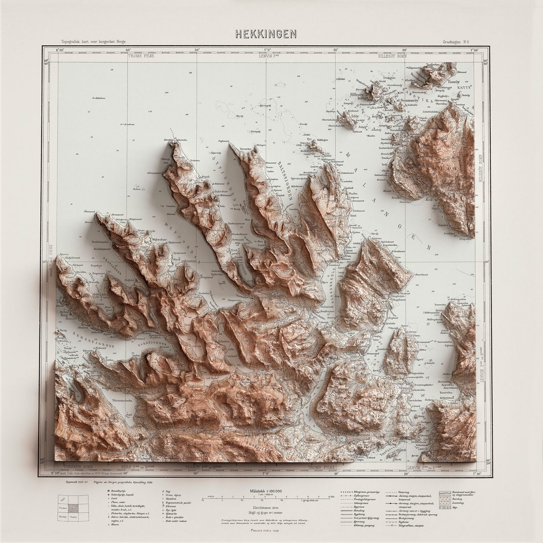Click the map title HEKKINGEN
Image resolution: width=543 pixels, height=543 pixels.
266,34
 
